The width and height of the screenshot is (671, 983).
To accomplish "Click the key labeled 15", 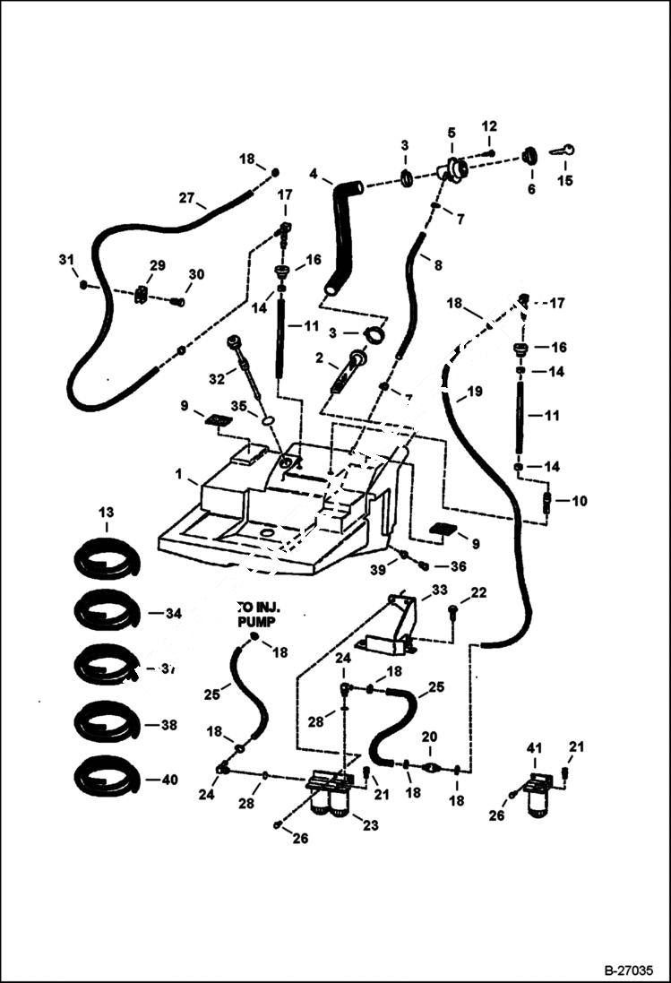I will click(562, 151).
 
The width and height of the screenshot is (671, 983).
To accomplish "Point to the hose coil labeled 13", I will click(107, 559).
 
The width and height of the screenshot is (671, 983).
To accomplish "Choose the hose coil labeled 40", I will click(107, 777).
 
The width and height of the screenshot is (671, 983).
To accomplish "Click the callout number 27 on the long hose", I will click(186, 199).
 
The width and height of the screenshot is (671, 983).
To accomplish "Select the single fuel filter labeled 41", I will click(539, 792).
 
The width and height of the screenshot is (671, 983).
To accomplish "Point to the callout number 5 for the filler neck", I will click(451, 133).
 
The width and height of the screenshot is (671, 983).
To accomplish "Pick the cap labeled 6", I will click(529, 156).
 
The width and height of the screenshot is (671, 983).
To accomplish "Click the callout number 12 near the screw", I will click(489, 125).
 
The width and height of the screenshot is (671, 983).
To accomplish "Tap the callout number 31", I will click(65, 260).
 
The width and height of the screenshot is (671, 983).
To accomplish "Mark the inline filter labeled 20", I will click(431, 767).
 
